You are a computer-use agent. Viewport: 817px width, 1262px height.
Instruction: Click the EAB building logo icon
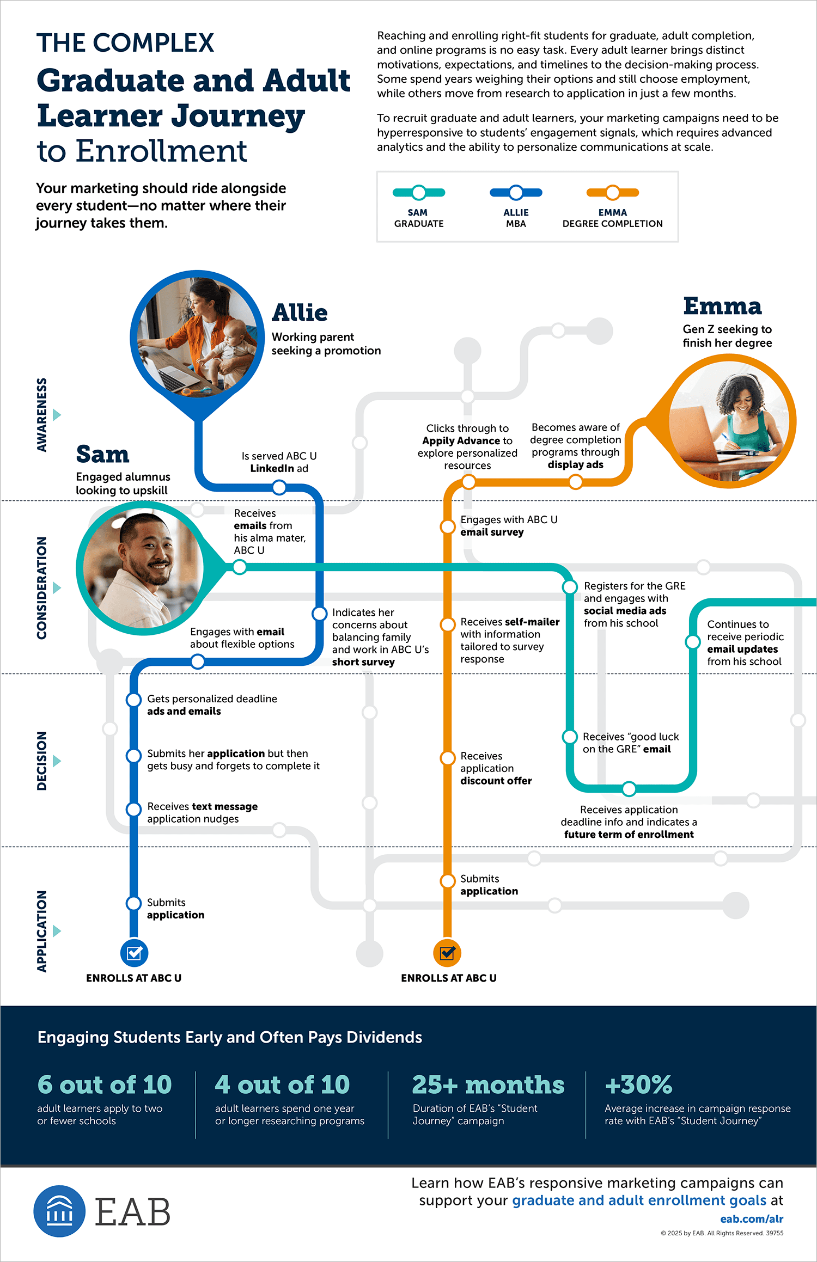click(x=59, y=1211)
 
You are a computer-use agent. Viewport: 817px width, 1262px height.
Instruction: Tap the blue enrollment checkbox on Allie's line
click(x=134, y=953)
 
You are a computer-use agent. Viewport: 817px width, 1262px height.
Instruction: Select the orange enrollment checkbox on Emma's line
click(x=447, y=953)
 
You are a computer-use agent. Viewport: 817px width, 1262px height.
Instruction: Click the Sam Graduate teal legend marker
click(x=419, y=192)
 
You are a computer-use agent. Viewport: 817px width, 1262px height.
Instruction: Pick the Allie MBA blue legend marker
click(x=516, y=192)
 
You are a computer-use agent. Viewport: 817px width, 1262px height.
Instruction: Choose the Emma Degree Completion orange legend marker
click(x=613, y=192)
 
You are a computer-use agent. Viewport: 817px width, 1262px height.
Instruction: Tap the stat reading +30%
click(x=638, y=1085)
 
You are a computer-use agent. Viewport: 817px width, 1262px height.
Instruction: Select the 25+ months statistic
click(x=488, y=1085)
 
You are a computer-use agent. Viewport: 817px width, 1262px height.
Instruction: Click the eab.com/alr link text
click(x=752, y=1219)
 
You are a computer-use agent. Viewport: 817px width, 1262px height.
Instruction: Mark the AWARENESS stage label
click(x=42, y=415)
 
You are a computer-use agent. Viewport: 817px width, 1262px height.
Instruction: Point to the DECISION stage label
click(x=42, y=761)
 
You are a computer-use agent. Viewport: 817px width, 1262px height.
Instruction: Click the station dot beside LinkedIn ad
click(x=279, y=487)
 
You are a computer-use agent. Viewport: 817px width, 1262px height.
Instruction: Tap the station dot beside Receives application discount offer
click(x=448, y=758)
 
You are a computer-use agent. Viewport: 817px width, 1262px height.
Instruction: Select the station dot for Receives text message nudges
click(x=134, y=810)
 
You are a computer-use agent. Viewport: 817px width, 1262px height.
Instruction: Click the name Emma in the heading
click(x=722, y=306)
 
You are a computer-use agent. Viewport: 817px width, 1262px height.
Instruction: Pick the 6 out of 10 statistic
click(x=105, y=1085)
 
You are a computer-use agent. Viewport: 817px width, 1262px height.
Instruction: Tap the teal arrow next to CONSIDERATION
click(x=57, y=588)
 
